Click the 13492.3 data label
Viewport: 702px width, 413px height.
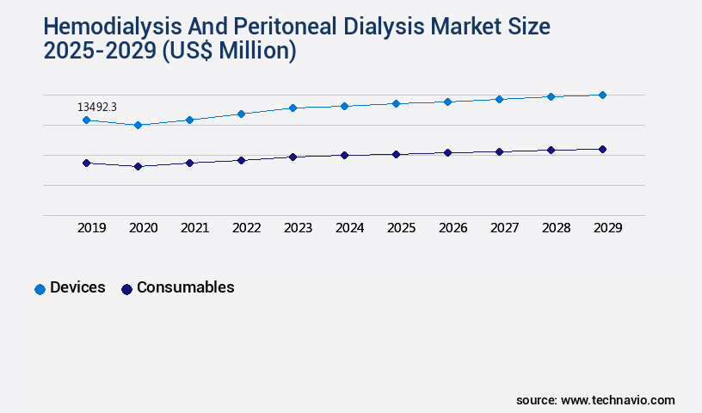[96, 107]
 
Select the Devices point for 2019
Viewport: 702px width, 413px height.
[86, 120]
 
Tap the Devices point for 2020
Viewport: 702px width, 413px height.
[138, 125]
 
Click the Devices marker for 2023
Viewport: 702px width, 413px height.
[292, 108]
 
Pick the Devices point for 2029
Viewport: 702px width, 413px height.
[602, 95]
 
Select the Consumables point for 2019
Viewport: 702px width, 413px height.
[86, 163]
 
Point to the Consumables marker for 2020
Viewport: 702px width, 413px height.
[138, 166]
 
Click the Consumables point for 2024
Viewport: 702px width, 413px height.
[344, 155]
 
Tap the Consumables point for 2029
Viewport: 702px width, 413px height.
[602, 149]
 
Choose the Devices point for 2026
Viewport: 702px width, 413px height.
[447, 102]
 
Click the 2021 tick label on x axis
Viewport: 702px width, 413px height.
[194, 228]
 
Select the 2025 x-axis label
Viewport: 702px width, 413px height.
[401, 228]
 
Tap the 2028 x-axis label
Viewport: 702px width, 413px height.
[556, 228]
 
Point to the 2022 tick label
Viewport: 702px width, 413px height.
[246, 228]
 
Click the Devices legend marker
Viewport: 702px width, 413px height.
[40, 289]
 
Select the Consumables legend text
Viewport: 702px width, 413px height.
[185, 287]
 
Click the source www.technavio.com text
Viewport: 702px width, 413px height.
[595, 400]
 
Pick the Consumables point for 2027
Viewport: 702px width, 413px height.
[499, 151]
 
